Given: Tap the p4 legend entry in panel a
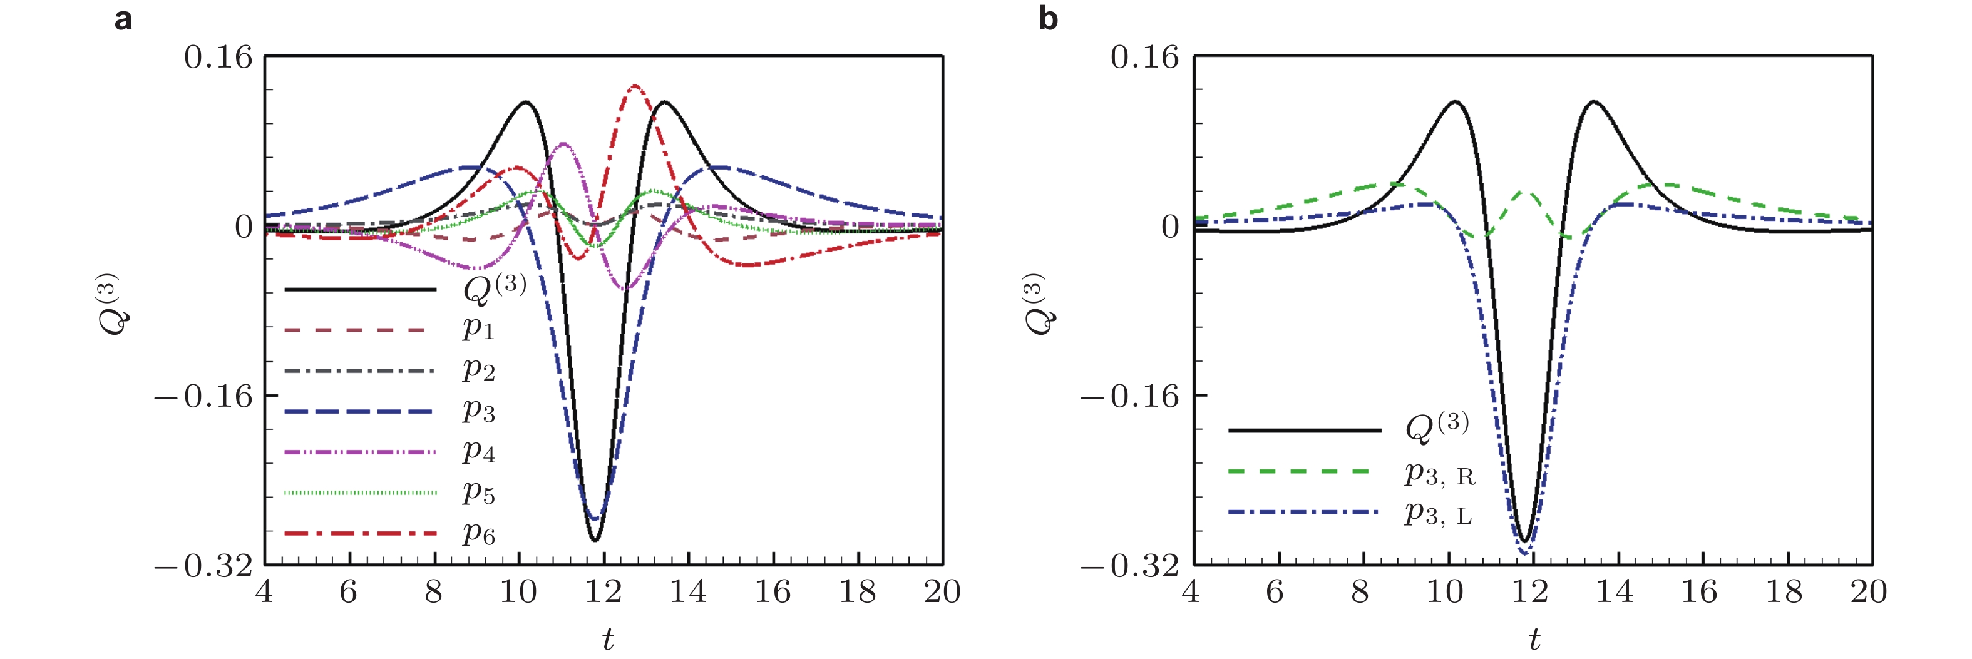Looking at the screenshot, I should click(478, 452).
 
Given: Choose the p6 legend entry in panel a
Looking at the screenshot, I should click(478, 533).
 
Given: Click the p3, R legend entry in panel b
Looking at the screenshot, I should click(1439, 474).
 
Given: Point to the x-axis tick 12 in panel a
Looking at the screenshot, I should click(603, 591).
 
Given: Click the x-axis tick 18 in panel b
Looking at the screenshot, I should click(1784, 591).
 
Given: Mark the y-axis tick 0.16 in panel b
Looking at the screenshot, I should click(1144, 58).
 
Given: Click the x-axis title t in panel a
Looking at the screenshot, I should click(608, 639).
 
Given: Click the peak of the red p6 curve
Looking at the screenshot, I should click(635, 86).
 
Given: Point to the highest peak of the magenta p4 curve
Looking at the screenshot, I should click(564, 144).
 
